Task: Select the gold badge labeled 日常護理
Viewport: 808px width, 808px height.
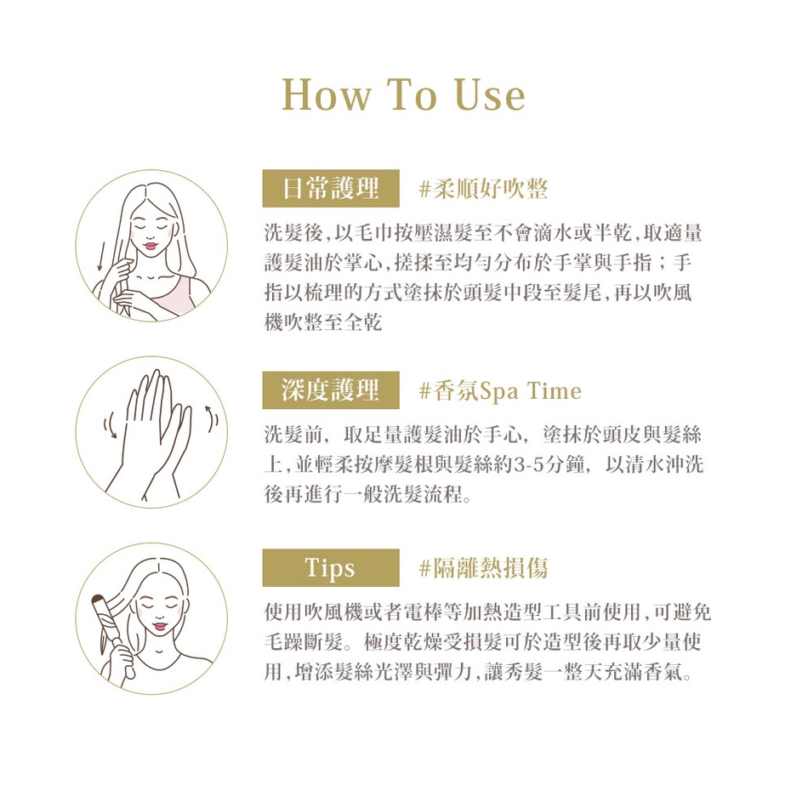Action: [x=331, y=188]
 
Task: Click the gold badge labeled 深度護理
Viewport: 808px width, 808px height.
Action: [x=331, y=390]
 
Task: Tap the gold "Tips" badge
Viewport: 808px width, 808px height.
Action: [x=331, y=567]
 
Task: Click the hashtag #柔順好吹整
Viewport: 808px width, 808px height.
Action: [x=483, y=189]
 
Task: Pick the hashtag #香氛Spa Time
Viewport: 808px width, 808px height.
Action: [x=500, y=390]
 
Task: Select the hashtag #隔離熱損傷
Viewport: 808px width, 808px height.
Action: [x=483, y=568]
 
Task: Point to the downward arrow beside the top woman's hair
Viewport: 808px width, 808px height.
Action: [x=101, y=257]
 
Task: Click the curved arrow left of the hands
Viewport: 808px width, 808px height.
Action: [x=109, y=427]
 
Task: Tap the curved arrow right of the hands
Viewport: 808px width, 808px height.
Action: [x=211, y=418]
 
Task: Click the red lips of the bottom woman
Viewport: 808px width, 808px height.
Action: [x=160, y=627]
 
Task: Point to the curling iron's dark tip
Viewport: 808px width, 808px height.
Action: [x=99, y=599]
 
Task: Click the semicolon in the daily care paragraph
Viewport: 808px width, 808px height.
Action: [x=663, y=264]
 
